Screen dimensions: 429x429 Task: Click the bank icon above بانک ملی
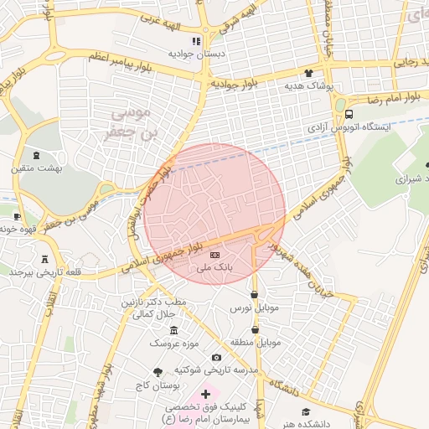coord(215,254)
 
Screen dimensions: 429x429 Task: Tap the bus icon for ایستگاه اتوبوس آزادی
coord(349,115)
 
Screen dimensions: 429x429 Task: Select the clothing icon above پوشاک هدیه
coord(308,74)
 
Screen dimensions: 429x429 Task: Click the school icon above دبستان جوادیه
coord(196,41)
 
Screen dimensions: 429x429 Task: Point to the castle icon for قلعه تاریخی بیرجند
coord(44,259)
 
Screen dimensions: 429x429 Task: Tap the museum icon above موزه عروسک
coord(173,330)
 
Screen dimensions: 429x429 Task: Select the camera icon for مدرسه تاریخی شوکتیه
coord(217,358)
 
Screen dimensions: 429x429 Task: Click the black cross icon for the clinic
coord(205,393)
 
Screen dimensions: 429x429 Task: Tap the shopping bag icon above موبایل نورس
coord(254,295)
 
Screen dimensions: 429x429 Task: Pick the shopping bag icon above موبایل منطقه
coord(255,330)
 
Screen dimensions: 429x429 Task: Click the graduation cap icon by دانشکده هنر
coord(306,411)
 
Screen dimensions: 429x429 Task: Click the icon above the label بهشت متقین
coord(37,155)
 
